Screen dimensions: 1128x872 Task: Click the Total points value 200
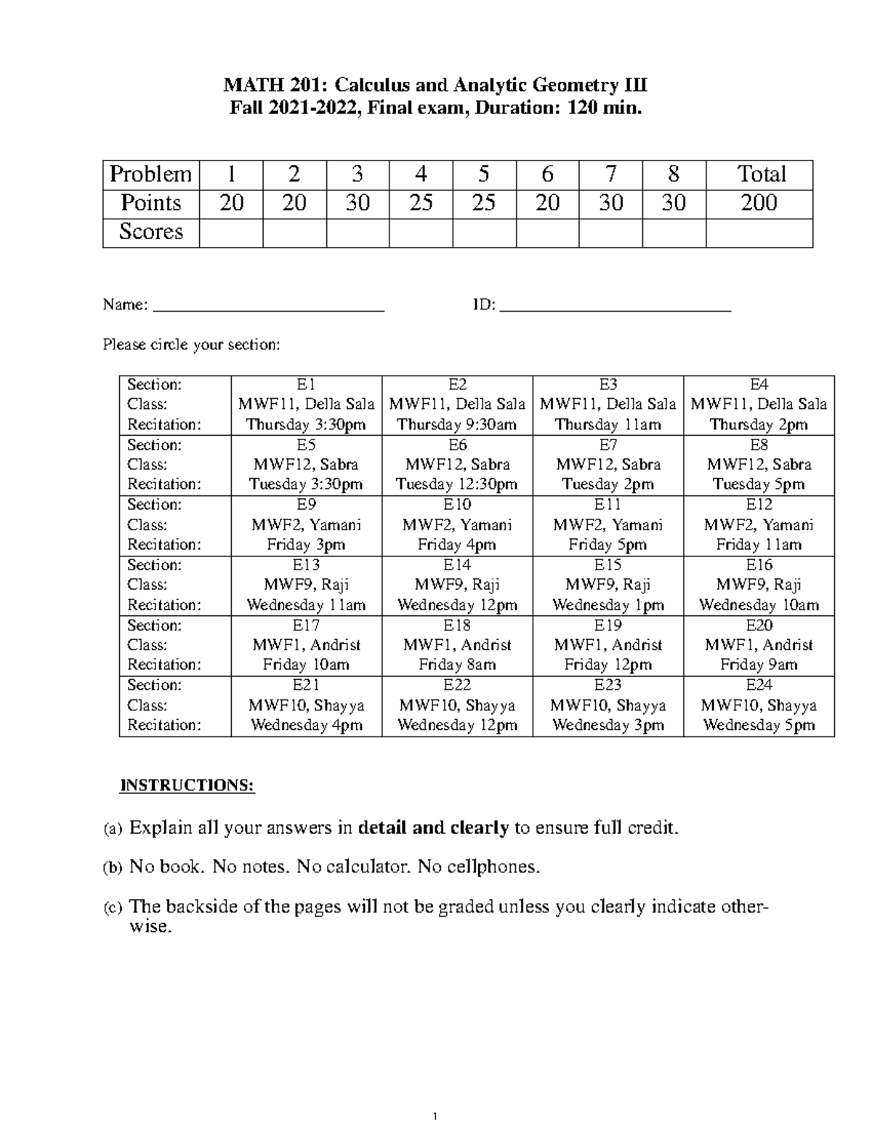(x=759, y=203)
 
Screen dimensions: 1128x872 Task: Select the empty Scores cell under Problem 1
(x=231, y=232)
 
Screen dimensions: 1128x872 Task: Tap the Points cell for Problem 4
(x=421, y=203)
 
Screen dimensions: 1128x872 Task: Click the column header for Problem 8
(x=674, y=174)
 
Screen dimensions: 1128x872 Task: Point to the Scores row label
(x=151, y=232)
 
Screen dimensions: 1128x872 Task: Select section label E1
(x=306, y=385)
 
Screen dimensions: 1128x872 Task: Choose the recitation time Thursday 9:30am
(x=457, y=425)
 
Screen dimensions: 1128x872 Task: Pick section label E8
(x=759, y=445)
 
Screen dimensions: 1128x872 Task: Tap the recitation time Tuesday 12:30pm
(x=457, y=484)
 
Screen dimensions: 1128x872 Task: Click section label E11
(x=607, y=505)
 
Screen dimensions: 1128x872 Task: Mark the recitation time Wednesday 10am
(x=759, y=605)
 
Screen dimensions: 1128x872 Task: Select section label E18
(x=457, y=625)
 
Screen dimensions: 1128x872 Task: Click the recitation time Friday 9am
(x=759, y=665)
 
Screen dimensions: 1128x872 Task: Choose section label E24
(x=759, y=685)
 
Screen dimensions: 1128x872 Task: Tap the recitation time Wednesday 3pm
(x=607, y=725)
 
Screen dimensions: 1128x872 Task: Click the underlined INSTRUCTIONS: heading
(x=187, y=786)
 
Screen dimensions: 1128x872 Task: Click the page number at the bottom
(x=434, y=1116)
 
